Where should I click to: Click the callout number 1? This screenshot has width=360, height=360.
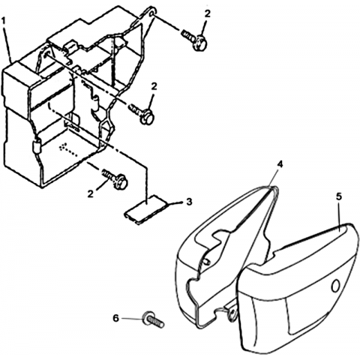click(4, 21)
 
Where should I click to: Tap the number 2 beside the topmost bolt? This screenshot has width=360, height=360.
click(207, 14)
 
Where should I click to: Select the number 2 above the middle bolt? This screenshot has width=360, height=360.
click(154, 87)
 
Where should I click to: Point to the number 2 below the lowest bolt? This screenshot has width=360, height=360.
click(91, 193)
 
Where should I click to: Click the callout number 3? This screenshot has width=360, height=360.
click(189, 202)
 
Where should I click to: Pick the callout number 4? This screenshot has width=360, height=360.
click(280, 164)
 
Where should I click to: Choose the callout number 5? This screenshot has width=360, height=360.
click(338, 196)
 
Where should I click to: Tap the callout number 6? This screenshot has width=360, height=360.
click(115, 318)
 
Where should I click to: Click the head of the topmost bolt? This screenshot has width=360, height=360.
click(200, 43)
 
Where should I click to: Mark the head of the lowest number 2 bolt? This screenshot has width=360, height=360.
click(120, 181)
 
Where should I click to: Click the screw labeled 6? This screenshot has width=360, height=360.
click(153, 319)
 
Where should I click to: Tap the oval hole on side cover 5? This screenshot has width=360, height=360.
click(336, 286)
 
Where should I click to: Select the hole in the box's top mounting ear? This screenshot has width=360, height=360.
click(152, 13)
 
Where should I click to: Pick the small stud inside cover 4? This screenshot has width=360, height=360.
click(207, 261)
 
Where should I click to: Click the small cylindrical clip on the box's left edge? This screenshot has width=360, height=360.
click(36, 147)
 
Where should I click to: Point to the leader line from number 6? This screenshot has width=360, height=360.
click(132, 319)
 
